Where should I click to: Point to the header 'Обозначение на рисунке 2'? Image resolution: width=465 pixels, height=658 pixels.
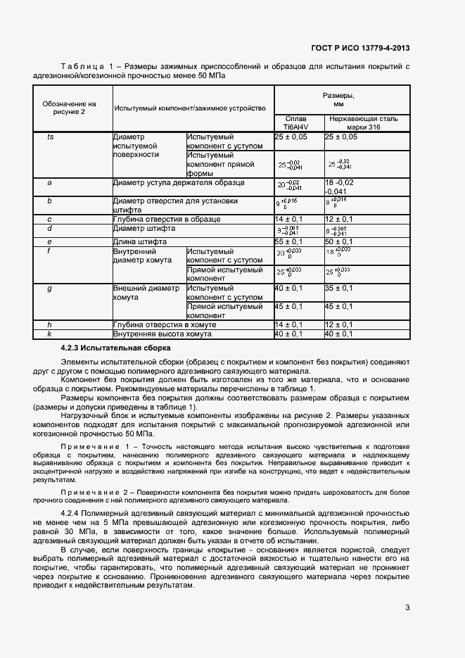69,108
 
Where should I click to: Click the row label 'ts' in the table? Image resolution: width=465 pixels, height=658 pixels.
50,137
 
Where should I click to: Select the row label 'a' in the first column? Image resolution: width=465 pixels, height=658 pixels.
49,182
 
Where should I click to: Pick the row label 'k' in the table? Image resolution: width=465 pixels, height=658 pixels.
49,334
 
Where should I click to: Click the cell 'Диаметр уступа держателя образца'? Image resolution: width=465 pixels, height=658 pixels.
179,182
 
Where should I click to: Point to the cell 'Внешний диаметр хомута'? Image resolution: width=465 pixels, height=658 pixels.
146,292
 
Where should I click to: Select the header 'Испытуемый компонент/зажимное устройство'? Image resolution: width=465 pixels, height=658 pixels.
190,108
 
